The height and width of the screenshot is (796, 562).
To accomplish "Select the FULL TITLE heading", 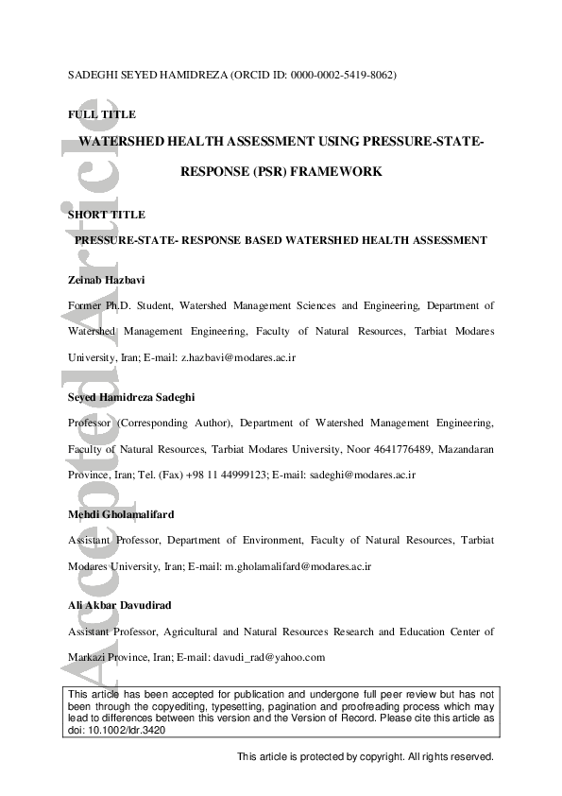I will click(102, 114).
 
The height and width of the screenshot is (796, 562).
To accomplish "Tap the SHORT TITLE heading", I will click(107, 215).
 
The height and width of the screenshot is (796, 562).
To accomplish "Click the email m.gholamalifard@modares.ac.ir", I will click(298, 565).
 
